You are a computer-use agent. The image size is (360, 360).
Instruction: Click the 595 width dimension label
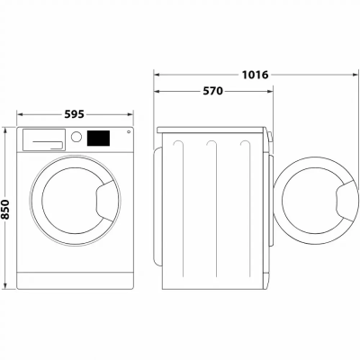74,114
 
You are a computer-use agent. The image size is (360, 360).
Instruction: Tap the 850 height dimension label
5,209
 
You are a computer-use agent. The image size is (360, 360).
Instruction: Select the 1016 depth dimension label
255,75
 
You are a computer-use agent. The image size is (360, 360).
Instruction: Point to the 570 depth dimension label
213,91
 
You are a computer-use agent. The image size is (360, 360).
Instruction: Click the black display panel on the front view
98,138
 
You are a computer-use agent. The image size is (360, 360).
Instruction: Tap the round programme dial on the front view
76,137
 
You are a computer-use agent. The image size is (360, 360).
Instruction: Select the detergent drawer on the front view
44,139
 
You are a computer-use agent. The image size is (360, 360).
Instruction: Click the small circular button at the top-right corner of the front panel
129,131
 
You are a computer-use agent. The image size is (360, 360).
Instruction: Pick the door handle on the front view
105,201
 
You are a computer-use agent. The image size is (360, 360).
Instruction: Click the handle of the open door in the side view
347,201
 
